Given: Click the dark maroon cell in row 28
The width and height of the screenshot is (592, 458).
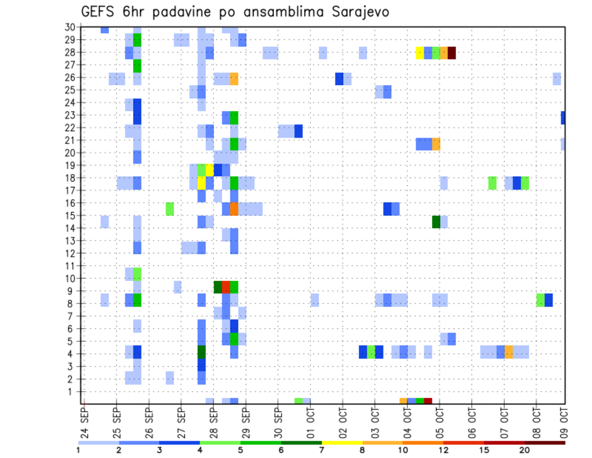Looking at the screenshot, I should pos(452,52).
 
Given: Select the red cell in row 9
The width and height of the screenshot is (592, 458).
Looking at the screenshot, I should pos(226,287).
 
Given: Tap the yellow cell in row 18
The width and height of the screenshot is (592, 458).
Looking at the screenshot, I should pos(202,183).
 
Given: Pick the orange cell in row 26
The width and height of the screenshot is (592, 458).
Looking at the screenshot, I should pos(234,78).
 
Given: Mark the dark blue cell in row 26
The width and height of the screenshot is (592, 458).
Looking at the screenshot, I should pos(339,78).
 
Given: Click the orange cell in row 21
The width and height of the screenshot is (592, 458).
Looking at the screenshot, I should pos(436,144).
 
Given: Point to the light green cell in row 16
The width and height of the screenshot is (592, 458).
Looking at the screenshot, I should pos(170,209).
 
